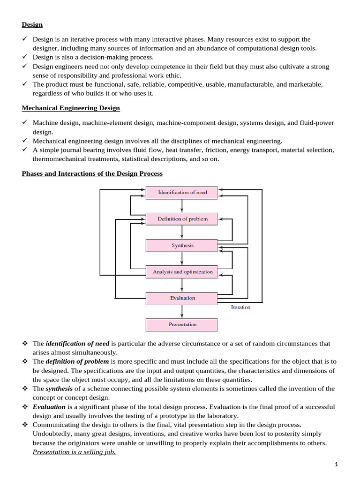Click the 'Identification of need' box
click(x=182, y=193)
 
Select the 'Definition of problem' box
click(x=182, y=219)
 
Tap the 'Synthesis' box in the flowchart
click(x=182, y=245)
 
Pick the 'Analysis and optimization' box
click(x=182, y=272)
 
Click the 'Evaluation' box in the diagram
click(x=182, y=298)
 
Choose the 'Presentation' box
click(x=182, y=324)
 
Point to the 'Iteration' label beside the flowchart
click(x=240, y=307)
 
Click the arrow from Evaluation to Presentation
click(x=182, y=311)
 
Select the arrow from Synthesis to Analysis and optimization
click(x=182, y=258)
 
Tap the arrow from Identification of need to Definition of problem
click(x=182, y=206)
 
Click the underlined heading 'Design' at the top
click(x=32, y=25)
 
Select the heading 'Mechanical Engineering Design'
click(x=71, y=108)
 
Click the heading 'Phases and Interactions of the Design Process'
click(x=92, y=174)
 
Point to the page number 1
click(x=336, y=465)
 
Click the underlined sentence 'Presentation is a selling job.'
click(x=74, y=452)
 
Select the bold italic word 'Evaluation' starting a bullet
click(x=49, y=407)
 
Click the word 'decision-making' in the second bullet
click(x=103, y=57)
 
